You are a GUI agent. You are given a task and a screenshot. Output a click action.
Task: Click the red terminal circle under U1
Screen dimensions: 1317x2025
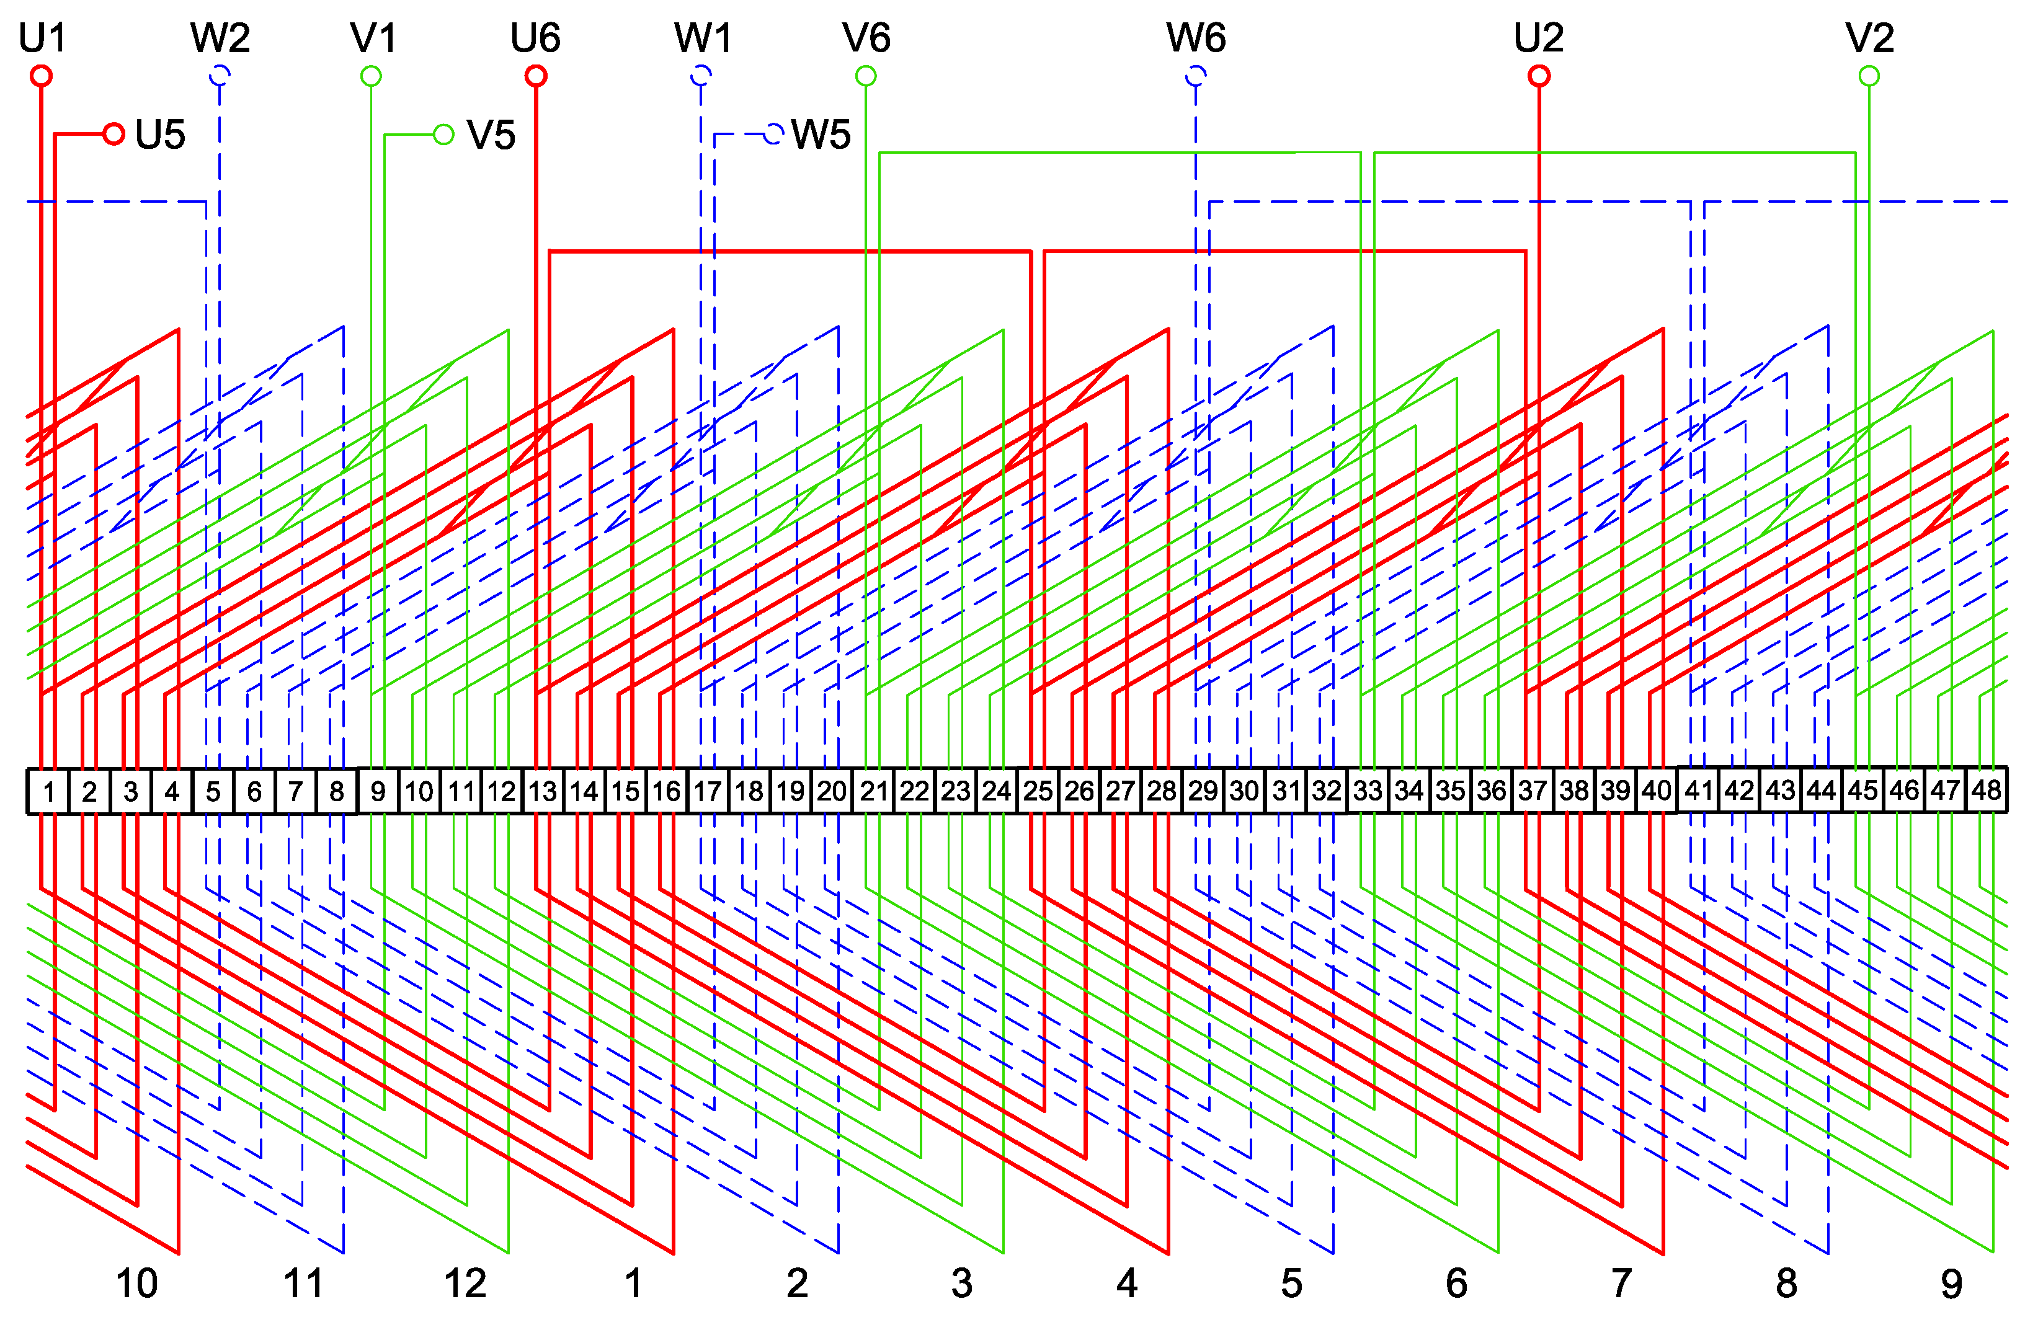[x=41, y=76]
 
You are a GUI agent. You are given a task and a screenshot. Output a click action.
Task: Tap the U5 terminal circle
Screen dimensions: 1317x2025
[x=113, y=133]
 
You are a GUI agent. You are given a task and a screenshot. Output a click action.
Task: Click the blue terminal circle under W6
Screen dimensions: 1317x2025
[x=1195, y=76]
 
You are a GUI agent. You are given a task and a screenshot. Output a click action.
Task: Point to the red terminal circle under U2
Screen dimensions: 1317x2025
[x=1538, y=76]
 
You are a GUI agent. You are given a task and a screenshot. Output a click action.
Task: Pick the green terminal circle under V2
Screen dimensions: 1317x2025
[x=1869, y=76]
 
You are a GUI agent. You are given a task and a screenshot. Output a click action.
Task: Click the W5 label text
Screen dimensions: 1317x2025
[x=820, y=135]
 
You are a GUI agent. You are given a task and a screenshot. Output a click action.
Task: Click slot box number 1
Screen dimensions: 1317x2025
[x=48, y=791]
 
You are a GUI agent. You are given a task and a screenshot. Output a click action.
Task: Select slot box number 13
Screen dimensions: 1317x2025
[x=542, y=791]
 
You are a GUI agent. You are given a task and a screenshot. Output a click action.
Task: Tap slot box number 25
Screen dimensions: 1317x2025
[x=1037, y=791]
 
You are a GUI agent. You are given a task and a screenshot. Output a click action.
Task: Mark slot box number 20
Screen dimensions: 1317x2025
[x=831, y=791]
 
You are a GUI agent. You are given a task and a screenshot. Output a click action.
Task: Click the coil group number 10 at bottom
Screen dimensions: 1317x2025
[x=136, y=1283]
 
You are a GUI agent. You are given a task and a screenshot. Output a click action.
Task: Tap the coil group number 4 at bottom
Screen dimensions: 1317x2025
[x=1126, y=1283]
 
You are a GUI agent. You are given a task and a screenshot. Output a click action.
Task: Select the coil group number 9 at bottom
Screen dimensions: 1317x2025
[x=1951, y=1283]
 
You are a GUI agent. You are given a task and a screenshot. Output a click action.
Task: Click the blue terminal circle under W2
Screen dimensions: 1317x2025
[x=220, y=76]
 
